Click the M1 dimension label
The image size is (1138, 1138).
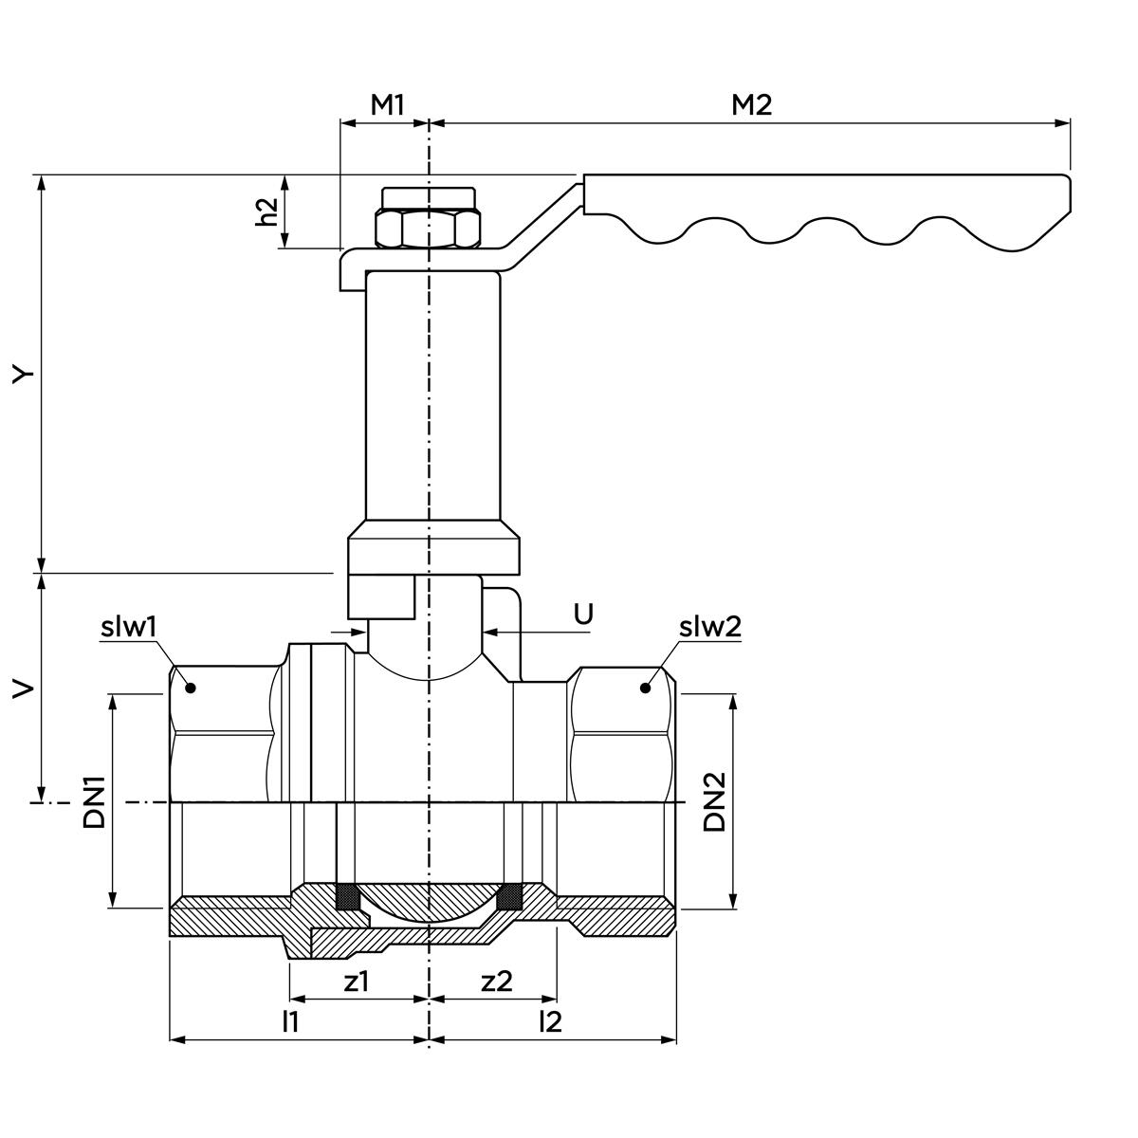point(387,104)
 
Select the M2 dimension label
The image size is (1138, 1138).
point(751,104)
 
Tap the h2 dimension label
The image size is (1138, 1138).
point(268,211)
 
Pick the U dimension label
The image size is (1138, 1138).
point(583,614)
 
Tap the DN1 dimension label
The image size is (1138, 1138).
point(94,801)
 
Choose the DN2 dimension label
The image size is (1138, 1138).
point(715,801)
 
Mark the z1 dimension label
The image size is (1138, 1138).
point(356,982)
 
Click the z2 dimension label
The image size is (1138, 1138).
point(496,982)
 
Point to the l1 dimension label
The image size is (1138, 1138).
point(291,1021)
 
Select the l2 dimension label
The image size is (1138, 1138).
point(550,1021)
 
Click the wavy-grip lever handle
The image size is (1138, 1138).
point(825,204)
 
